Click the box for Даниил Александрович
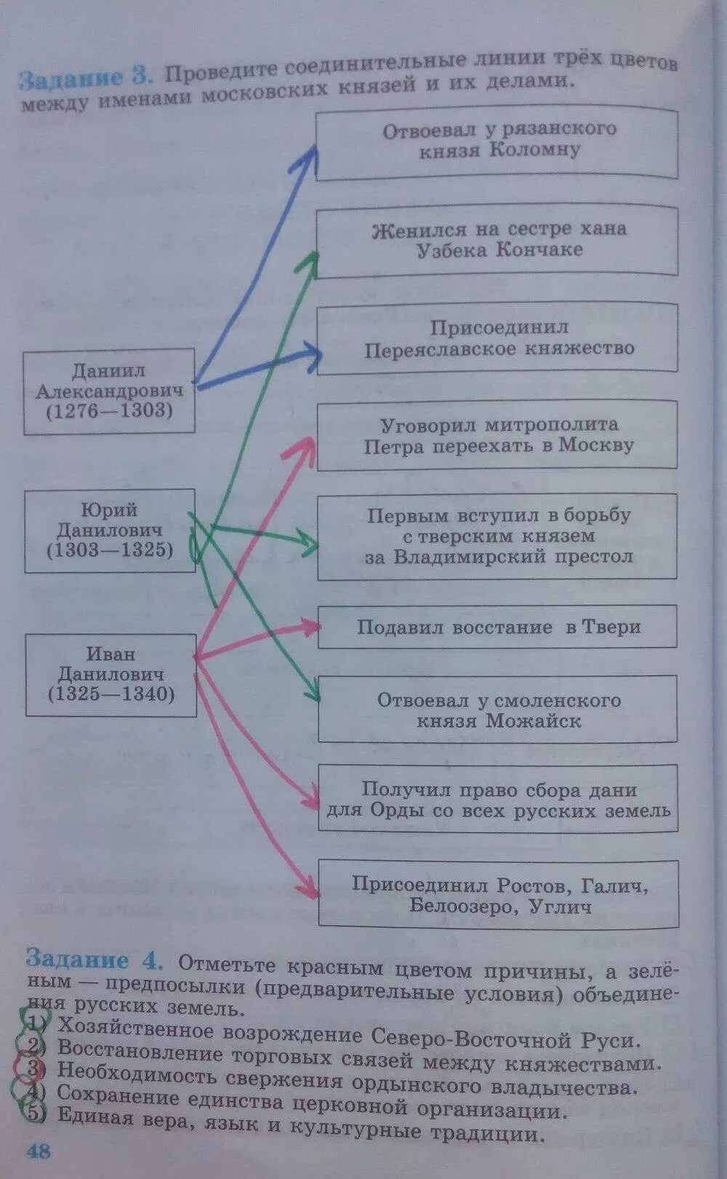tap(109, 391)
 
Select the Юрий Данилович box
tap(110, 531)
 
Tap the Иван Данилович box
tap(111, 675)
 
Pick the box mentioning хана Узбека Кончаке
tap(497, 240)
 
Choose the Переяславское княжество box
tap(497, 339)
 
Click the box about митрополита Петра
tap(497, 435)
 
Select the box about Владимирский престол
tap(497, 536)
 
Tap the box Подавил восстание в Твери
tap(497, 627)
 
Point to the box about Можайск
tap(497, 710)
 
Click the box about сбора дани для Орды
tap(497, 800)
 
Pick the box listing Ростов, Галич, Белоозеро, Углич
tap(499, 895)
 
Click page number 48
tap(39, 1151)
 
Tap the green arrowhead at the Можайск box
tap(313, 694)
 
